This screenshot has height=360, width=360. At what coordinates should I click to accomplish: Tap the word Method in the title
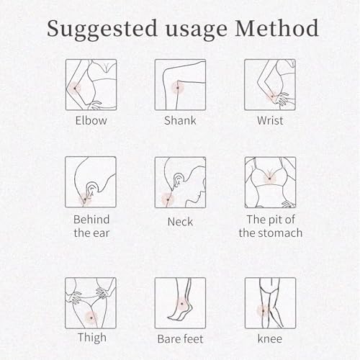[x=276, y=28]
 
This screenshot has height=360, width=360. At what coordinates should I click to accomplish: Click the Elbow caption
[x=91, y=120]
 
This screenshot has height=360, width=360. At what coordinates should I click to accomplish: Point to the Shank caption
[x=180, y=120]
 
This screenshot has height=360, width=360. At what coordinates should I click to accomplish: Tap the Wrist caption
[x=270, y=120]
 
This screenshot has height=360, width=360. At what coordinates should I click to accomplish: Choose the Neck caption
[x=180, y=222]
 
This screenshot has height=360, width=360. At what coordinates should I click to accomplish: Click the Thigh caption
[x=92, y=338]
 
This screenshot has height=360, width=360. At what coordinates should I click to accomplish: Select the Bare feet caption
[x=180, y=339]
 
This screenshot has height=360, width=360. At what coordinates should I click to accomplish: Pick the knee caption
[x=270, y=338]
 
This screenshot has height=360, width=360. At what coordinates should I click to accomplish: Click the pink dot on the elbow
[x=75, y=89]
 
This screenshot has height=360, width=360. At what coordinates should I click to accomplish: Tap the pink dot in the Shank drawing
[x=178, y=88]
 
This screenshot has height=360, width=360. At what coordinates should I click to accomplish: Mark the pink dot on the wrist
[x=272, y=96]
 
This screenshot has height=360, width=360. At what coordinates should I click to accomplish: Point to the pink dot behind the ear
[x=85, y=199]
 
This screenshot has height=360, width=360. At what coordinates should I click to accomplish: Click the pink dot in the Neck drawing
[x=168, y=199]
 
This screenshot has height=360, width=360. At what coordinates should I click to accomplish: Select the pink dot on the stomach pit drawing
[x=270, y=179]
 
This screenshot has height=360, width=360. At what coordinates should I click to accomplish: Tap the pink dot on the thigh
[x=91, y=318]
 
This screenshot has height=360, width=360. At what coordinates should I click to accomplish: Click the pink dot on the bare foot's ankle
[x=182, y=304]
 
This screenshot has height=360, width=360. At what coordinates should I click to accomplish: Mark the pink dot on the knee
[x=263, y=311]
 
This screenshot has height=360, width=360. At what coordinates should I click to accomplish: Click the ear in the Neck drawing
[x=179, y=180]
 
